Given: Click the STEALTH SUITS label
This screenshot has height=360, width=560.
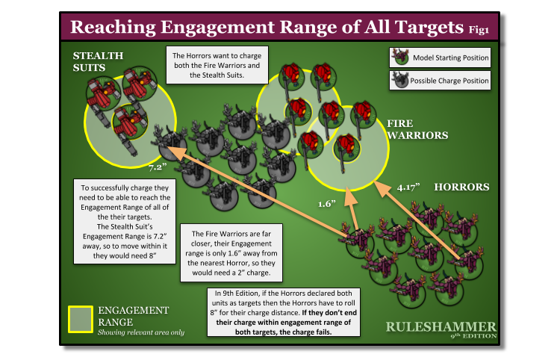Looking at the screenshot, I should click(98, 62).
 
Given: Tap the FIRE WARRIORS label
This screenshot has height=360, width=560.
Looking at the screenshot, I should click(417, 129).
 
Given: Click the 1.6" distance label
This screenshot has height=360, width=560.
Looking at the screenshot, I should click(326, 202).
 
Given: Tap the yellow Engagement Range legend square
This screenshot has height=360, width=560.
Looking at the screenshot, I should click(80, 318).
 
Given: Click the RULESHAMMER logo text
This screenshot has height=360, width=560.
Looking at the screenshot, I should click(441, 326).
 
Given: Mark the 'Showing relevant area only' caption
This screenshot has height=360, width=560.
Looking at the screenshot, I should click(140, 332).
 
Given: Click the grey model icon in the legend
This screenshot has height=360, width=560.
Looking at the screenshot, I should click(400, 80).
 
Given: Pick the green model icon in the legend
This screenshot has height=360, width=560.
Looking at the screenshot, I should click(400, 58).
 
